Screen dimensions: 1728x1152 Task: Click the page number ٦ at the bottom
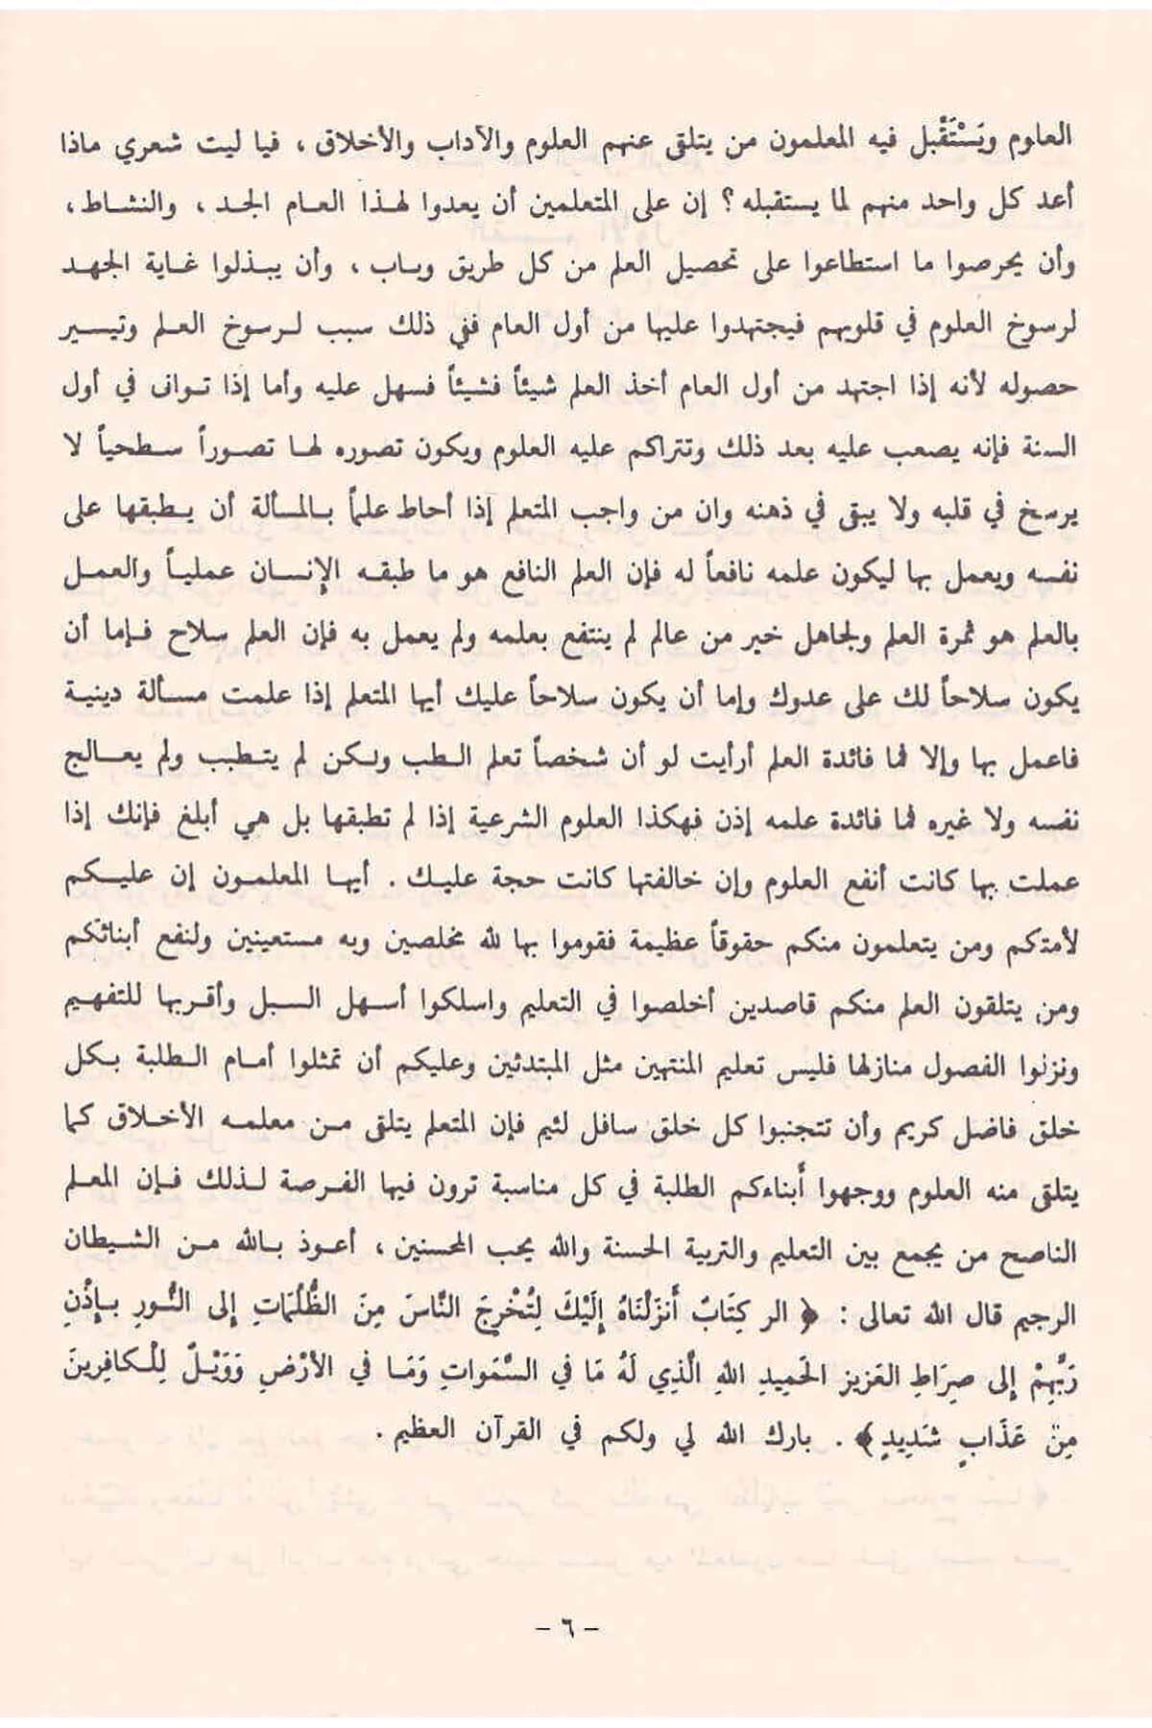[x=565, y=1627]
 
